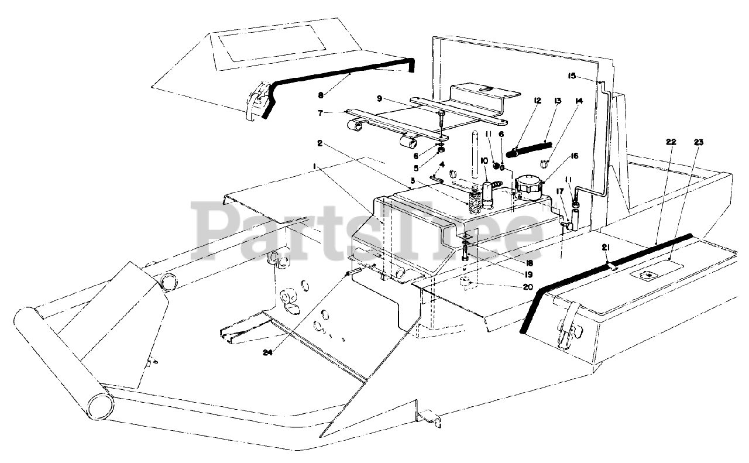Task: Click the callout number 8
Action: coord(321,95)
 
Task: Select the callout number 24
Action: coord(267,352)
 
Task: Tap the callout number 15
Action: coord(572,76)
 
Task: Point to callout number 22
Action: coord(671,142)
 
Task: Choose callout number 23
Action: coord(699,142)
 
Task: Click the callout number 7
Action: coord(320,113)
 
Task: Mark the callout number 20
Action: coord(528,287)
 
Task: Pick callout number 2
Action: coord(320,143)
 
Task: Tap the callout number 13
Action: coord(558,101)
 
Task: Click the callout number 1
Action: coord(314,166)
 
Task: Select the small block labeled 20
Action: coord(466,283)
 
